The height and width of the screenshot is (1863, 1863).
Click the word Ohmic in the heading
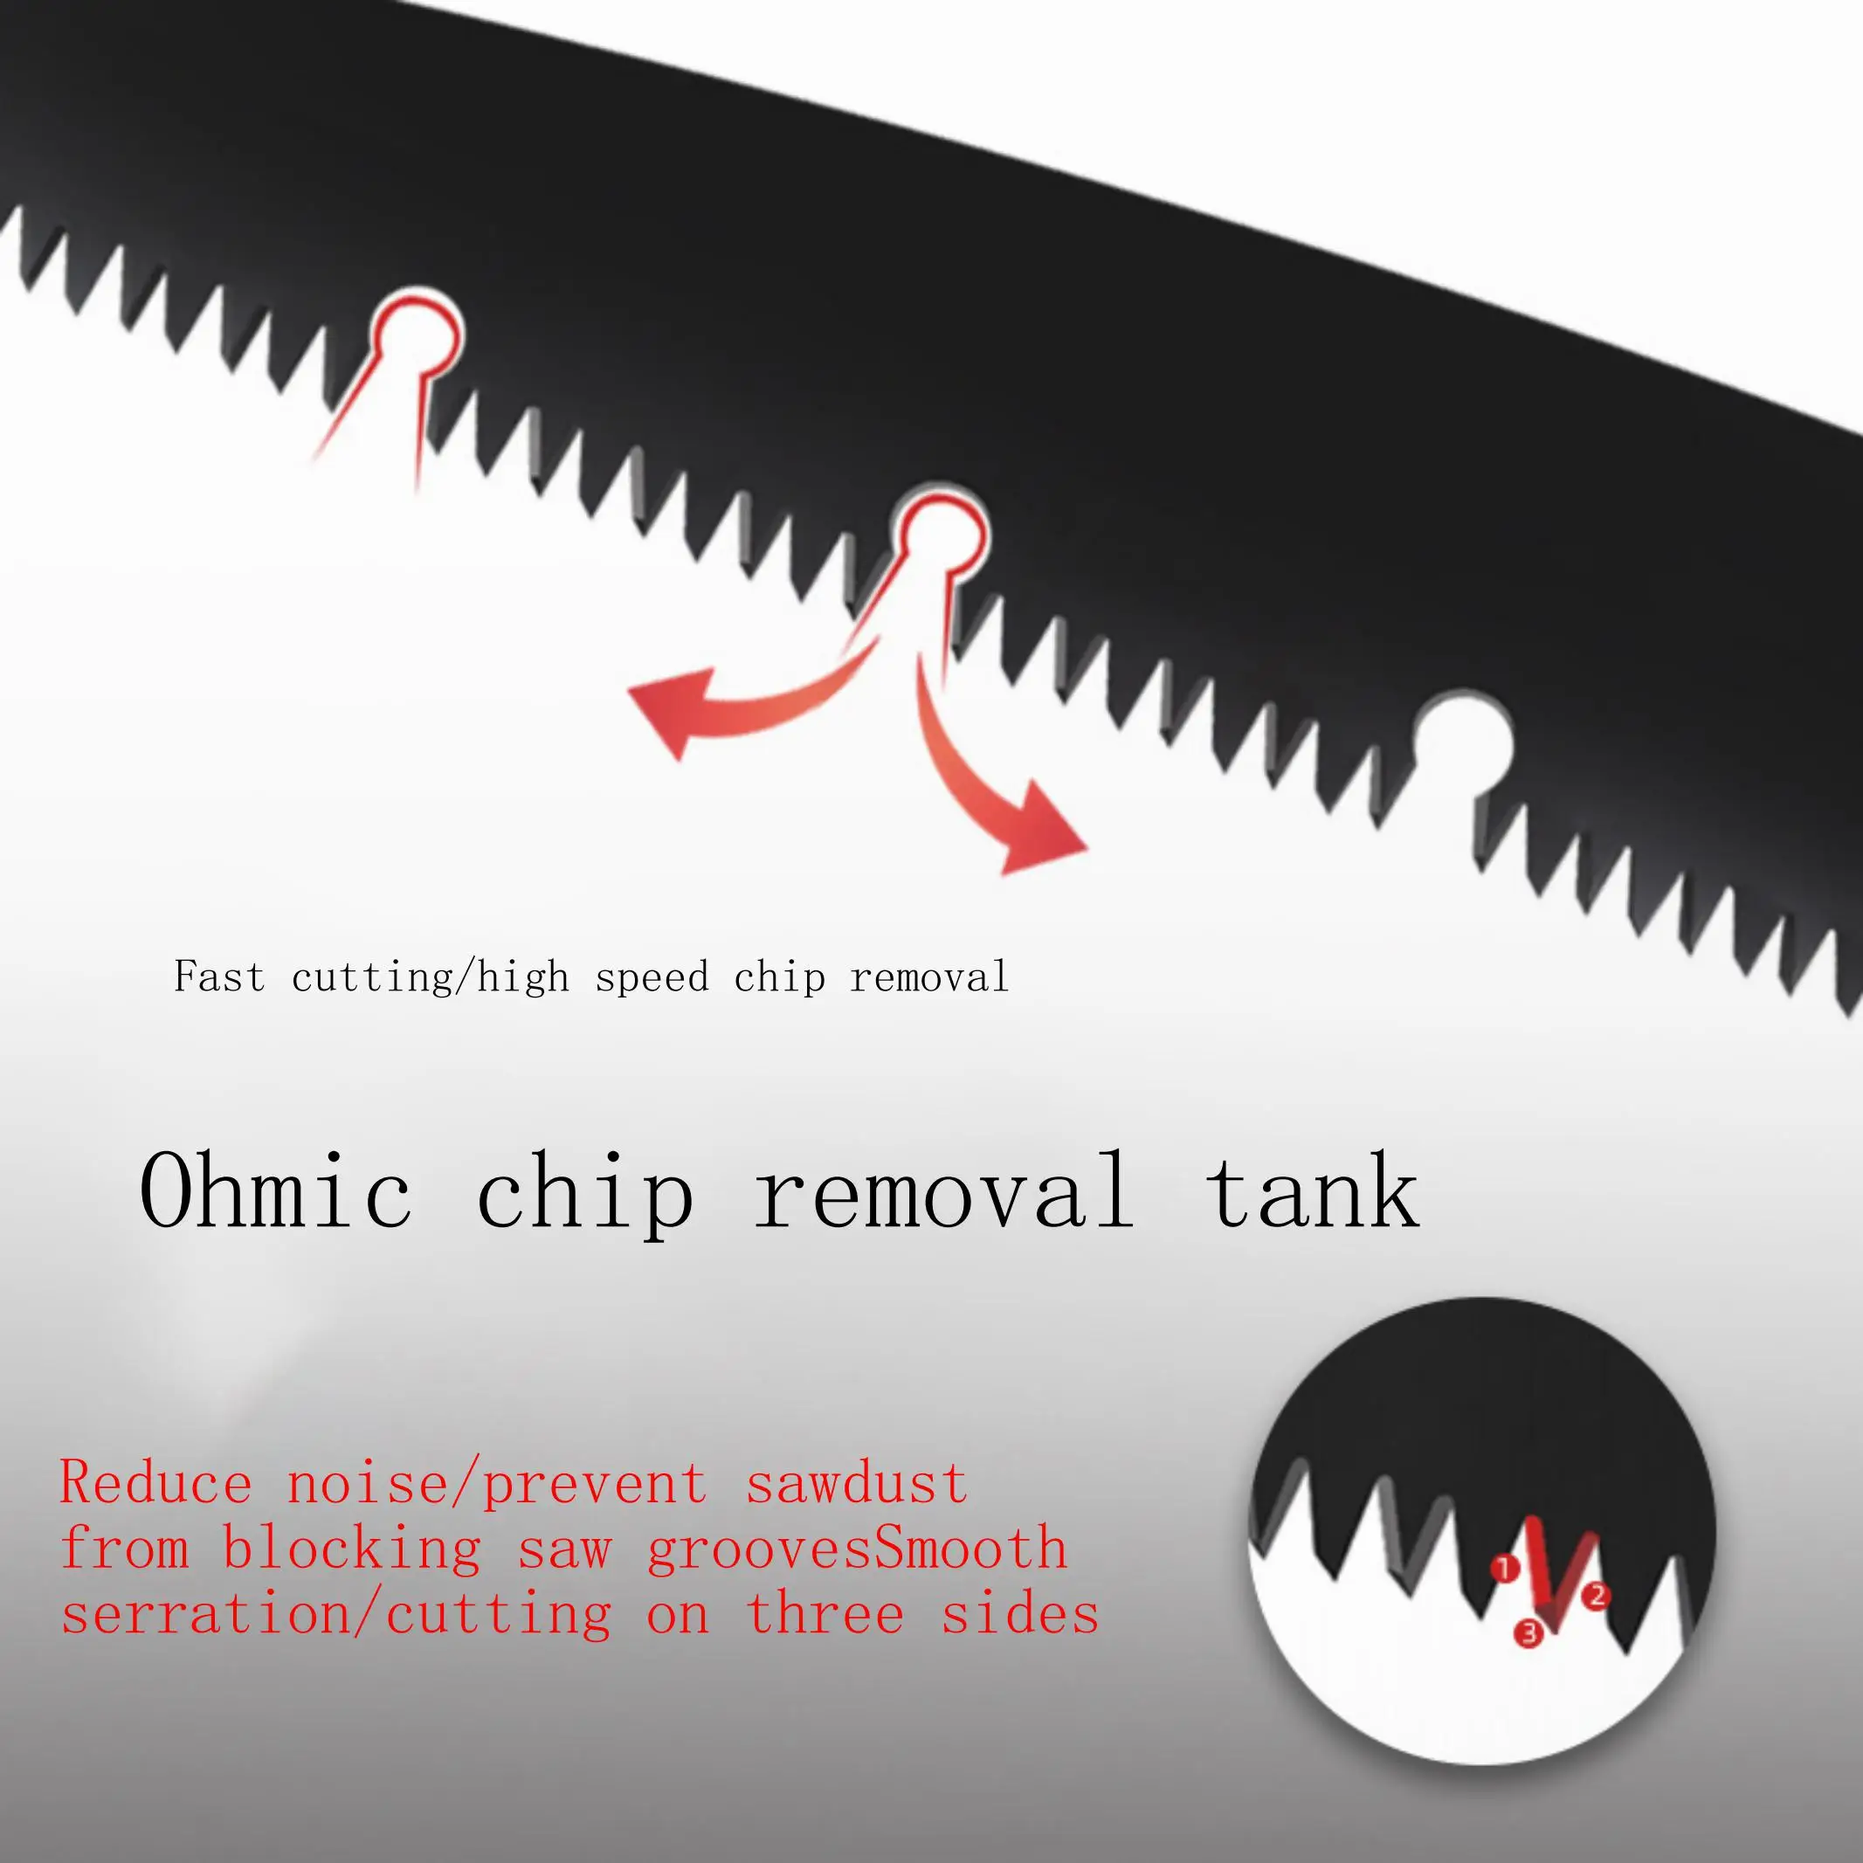tap(276, 1192)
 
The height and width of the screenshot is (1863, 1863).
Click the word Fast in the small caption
tap(219, 976)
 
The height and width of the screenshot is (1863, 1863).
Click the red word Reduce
tap(156, 1484)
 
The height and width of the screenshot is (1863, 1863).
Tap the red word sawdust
tap(856, 1484)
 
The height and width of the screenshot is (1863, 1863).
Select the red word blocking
tap(351, 1549)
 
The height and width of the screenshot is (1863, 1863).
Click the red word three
tap(825, 1615)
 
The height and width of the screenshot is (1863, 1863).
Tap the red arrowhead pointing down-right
tap(1041, 835)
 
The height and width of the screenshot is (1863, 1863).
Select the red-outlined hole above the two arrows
tap(940, 536)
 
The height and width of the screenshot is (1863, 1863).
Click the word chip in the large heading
tap(584, 1194)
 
